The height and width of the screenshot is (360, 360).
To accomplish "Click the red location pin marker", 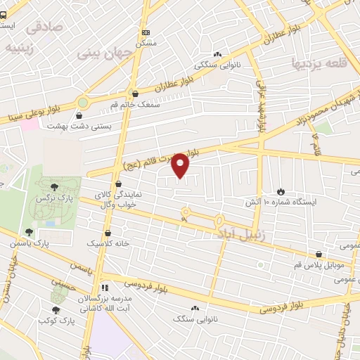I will [181, 165].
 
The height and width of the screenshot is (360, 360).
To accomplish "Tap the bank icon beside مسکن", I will [146, 32].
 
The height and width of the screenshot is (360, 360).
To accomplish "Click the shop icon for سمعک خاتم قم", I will [134, 93].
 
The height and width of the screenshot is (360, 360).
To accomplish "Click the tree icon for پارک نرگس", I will [54, 186].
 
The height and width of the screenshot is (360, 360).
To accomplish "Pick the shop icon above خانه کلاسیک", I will [108, 233].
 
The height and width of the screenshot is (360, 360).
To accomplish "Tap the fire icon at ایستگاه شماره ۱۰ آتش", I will [281, 191].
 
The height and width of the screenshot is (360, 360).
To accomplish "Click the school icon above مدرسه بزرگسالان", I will [105, 288].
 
